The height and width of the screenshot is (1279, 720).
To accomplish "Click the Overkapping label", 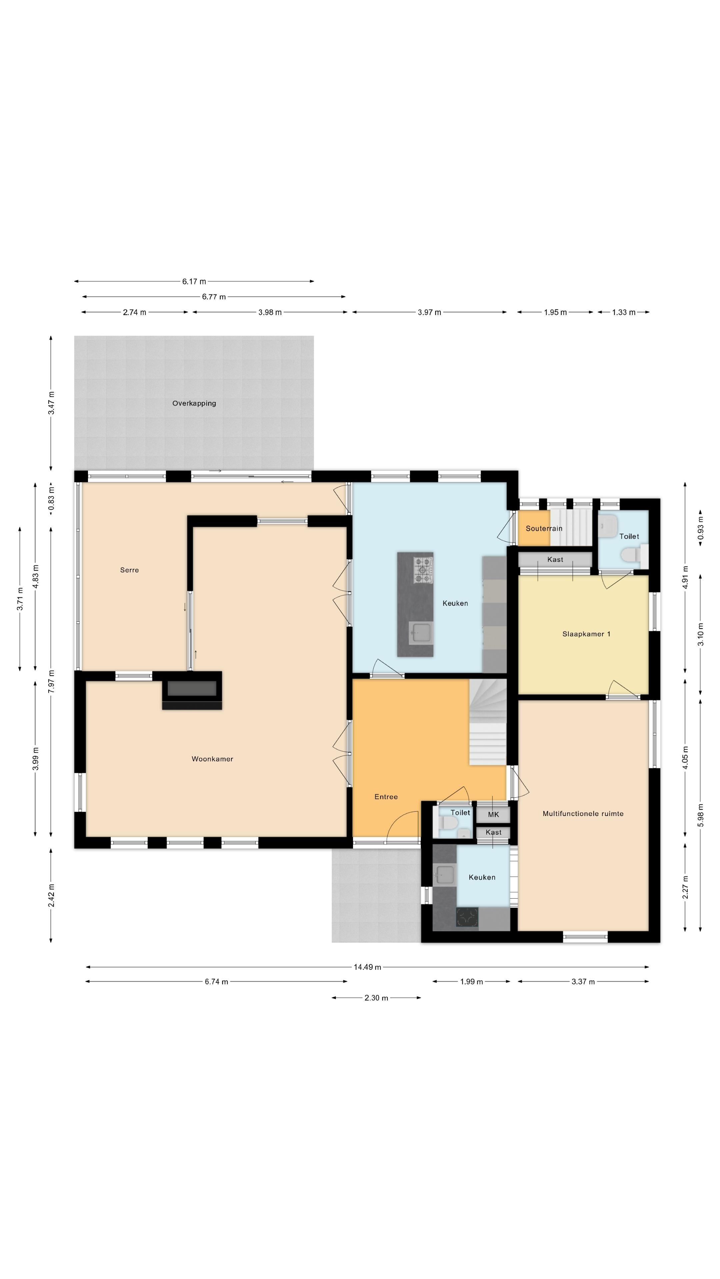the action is point(194,403).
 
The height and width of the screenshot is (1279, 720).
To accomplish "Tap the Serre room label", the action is point(129,570).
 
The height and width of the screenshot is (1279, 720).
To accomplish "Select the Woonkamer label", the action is point(212,759).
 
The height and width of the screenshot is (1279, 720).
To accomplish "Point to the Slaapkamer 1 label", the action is point(586,634).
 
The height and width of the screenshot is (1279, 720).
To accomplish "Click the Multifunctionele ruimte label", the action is point(583,814).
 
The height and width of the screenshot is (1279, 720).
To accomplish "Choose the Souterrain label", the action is point(544,528).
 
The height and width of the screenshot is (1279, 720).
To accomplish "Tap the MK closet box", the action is point(493,815).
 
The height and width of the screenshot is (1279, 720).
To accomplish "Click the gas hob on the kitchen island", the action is point(423,570).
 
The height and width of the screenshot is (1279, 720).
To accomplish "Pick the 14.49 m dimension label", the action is point(367,967).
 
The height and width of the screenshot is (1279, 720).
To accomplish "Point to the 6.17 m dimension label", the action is point(194,281).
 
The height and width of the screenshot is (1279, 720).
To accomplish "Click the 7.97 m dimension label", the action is point(51,681).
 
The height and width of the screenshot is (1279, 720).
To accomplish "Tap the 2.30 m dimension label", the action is point(376,998).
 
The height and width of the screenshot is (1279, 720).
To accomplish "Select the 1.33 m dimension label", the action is point(624,312).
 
